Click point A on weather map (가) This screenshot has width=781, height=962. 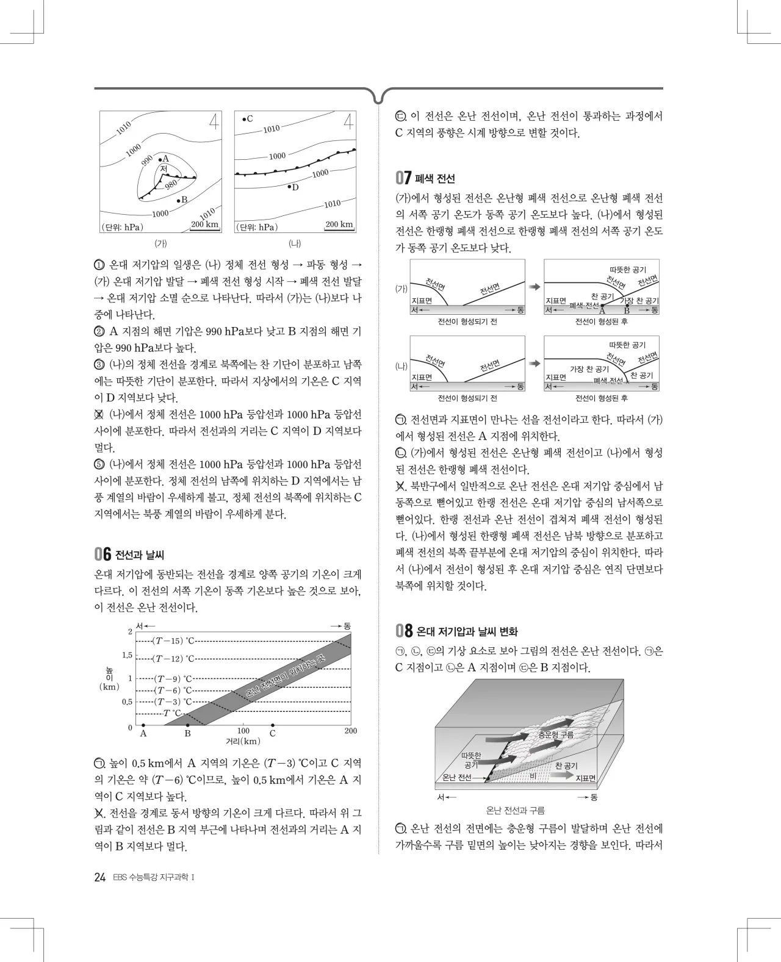click(x=160, y=158)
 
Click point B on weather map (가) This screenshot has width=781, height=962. click(x=178, y=200)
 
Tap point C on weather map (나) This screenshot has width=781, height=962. click(x=243, y=119)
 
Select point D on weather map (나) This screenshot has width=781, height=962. click(x=290, y=186)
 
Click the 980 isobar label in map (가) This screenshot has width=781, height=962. click(x=171, y=185)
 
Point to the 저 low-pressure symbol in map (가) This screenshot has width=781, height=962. click(x=163, y=168)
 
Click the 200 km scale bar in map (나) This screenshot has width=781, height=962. click(x=339, y=225)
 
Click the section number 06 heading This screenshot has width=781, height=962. click(x=103, y=555)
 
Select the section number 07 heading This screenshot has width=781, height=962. click(x=403, y=178)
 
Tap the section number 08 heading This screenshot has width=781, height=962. click(x=404, y=631)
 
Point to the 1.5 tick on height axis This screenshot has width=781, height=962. click(x=127, y=656)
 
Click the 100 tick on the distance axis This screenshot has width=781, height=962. click(x=243, y=731)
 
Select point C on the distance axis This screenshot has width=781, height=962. click(x=273, y=726)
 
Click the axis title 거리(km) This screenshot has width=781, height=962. click(x=243, y=741)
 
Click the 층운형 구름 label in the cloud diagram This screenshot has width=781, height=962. click(x=555, y=735)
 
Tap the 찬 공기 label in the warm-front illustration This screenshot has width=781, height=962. click(x=566, y=766)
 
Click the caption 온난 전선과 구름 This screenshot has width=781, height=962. click(x=516, y=810)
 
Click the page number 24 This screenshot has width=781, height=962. click(x=100, y=877)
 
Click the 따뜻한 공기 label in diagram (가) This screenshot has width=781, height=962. click(x=627, y=270)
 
